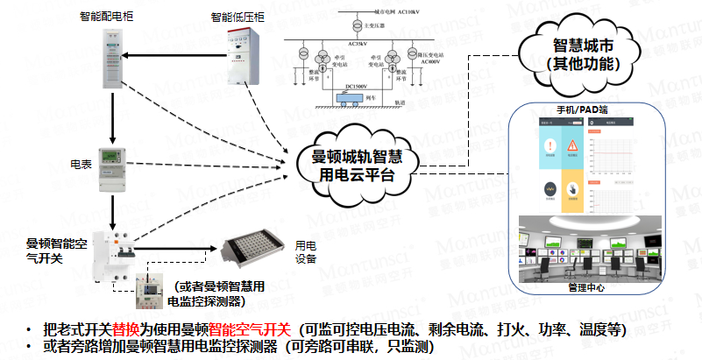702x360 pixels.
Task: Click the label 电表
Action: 81,164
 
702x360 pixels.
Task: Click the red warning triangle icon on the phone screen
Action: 571,145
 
